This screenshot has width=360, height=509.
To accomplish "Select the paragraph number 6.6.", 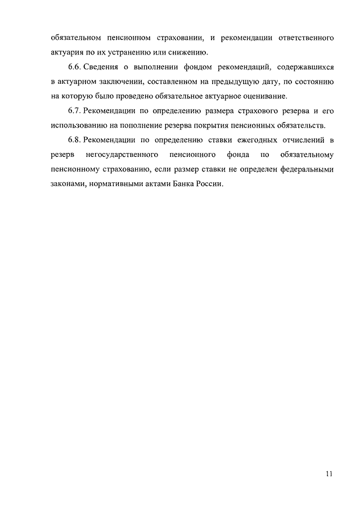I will point(68,67).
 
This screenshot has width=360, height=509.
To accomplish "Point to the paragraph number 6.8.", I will point(68,139).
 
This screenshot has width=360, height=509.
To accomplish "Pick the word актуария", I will point(66,53).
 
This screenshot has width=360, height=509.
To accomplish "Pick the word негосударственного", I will point(122,154).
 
